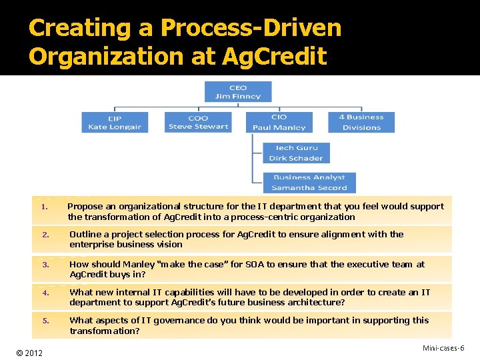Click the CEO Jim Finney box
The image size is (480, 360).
[238, 91]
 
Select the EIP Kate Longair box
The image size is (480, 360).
[115, 123]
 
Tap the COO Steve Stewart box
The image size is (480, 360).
[198, 122]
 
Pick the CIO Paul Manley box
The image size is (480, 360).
[279, 122]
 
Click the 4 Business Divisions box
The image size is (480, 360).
[361, 122]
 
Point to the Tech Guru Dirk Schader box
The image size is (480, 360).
[295, 153]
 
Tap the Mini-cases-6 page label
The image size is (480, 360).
[443, 348]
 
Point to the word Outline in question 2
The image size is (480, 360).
[85, 235]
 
